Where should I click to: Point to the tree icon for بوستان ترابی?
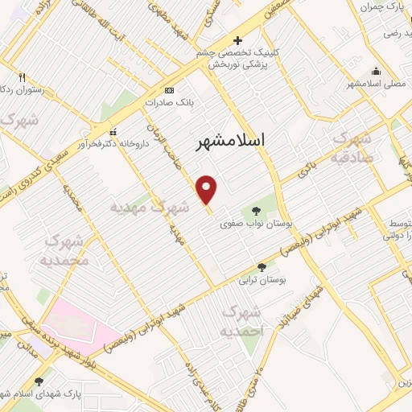(261, 267)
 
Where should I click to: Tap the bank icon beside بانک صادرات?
(168, 90)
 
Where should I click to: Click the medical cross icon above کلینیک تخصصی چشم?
(237, 40)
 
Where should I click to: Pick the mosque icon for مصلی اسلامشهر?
(375, 70)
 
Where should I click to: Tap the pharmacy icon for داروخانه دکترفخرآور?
(113, 131)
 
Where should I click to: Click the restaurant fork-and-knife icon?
(22, 79)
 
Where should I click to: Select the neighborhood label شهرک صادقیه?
(352, 148)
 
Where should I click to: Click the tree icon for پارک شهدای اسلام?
(39, 382)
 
